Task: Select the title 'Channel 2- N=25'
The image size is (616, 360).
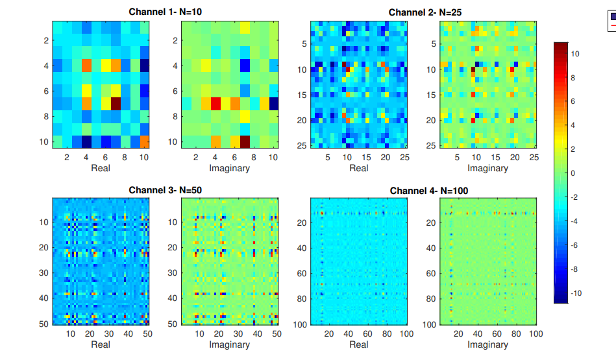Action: pos(425,12)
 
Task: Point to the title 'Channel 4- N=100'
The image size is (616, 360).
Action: pos(429,191)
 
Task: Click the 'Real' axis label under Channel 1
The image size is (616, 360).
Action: pos(101,168)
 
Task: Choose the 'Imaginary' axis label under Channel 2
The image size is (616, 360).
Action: pos(487,168)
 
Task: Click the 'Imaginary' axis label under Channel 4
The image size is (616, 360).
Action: pos(487,344)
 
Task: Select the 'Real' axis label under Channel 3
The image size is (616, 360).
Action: pos(101,344)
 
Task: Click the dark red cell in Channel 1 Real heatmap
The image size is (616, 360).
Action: pos(116,103)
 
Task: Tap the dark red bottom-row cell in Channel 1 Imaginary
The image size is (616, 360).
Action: pos(245,141)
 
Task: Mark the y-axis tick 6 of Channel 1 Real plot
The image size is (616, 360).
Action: pos(46,91)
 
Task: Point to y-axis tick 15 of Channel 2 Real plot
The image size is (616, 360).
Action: pos(301,95)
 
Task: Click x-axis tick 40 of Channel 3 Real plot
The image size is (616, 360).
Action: pos(129,333)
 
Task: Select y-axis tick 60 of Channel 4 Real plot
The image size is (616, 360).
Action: pos(301,273)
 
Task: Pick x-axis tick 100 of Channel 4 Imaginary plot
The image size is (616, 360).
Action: pos(535,333)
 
